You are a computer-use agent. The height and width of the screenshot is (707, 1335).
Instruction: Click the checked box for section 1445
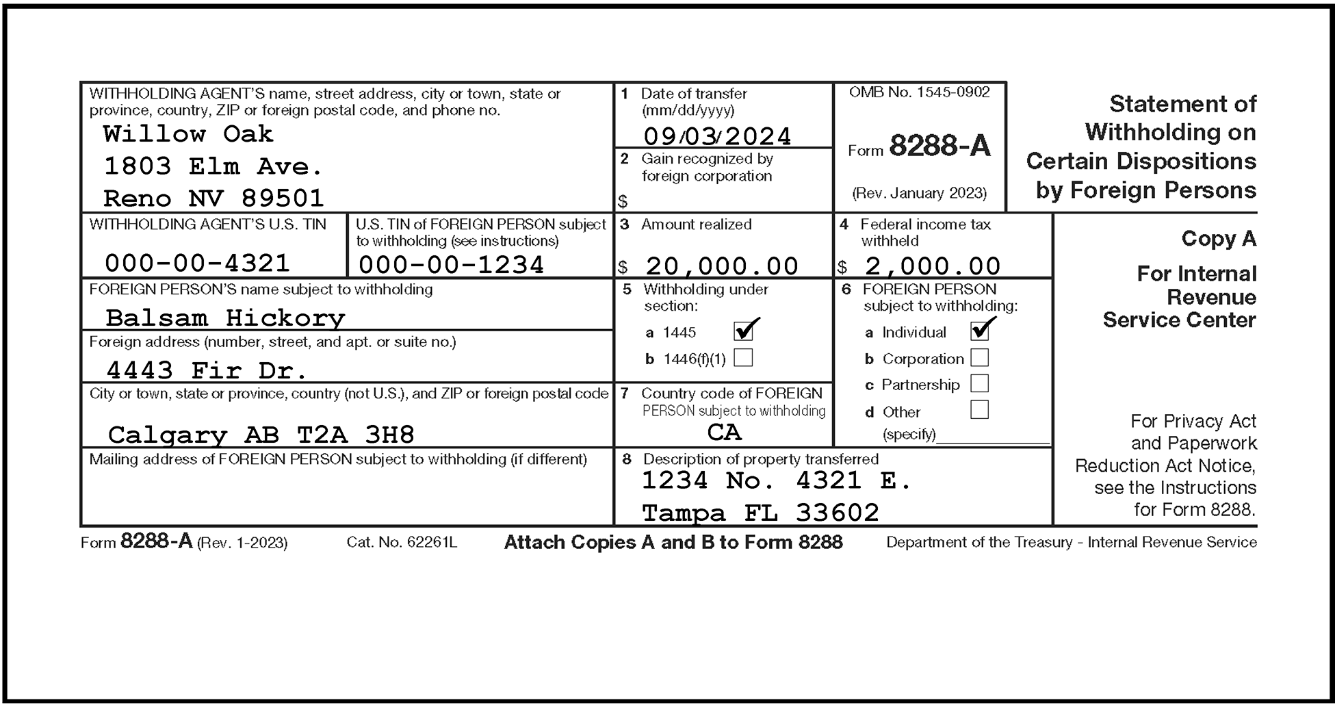coord(743,332)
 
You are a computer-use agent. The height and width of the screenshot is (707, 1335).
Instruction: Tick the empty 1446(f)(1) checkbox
coord(743,358)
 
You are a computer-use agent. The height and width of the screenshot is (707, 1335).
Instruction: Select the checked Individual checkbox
coord(980,331)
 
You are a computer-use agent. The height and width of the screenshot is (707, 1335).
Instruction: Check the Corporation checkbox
coord(980,358)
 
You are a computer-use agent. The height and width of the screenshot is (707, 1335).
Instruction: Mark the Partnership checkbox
coord(980,384)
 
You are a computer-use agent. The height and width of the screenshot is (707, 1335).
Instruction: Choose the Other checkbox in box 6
coord(980,410)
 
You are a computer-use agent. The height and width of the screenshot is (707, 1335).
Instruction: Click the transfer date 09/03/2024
coord(717,136)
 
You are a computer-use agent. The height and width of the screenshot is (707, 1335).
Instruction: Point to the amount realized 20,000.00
coord(722,266)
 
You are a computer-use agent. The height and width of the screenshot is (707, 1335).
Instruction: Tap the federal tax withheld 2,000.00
coord(933,266)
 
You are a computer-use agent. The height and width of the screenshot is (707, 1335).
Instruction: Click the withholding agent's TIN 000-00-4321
coord(197,263)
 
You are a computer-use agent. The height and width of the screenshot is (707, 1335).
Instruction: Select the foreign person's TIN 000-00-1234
coord(451,265)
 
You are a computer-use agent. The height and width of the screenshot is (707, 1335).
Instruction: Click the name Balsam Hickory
coord(225,318)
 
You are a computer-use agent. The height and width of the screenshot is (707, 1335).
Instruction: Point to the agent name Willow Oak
coord(188,133)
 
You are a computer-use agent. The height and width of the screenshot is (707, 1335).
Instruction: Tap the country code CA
coord(724,432)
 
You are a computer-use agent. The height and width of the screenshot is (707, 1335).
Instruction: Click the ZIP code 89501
coord(283,198)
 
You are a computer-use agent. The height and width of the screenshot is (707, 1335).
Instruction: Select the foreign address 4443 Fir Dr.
coord(207,370)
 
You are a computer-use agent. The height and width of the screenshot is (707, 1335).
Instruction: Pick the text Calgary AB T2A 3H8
coord(261,435)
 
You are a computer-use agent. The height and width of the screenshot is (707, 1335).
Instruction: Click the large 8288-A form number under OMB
coord(939,146)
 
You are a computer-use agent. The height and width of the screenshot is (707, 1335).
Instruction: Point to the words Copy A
coord(1218,239)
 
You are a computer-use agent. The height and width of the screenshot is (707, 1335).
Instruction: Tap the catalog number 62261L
coord(432,543)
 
